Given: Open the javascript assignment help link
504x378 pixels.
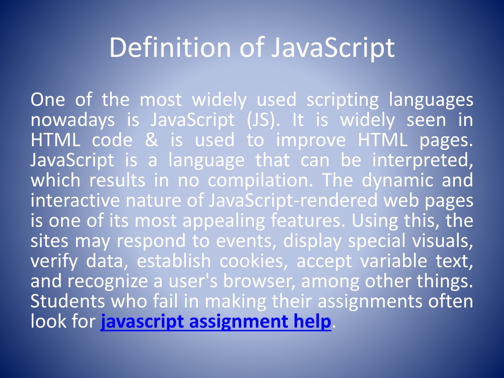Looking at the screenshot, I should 216,322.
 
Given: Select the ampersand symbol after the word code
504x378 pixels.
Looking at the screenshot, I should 151,140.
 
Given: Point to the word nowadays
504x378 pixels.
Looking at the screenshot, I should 73,120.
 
